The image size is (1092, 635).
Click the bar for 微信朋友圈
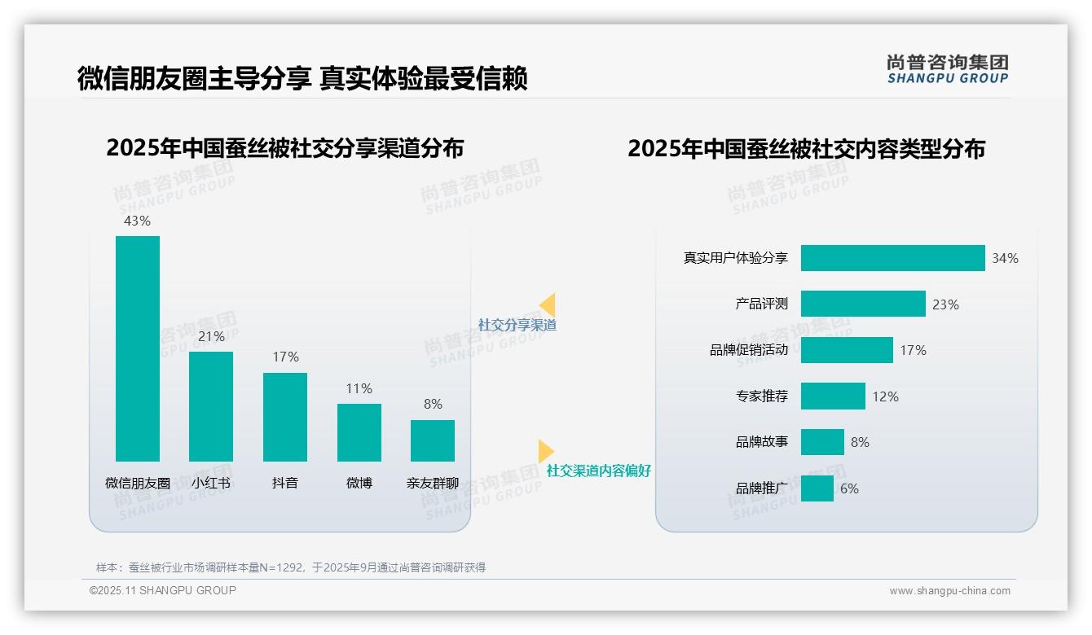[138, 348]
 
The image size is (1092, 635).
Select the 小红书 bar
[211, 406]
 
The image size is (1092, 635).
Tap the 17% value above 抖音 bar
[285, 357]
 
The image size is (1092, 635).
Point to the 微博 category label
[359, 483]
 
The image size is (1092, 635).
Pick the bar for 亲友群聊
[433, 440]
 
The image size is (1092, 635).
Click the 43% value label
[137, 221]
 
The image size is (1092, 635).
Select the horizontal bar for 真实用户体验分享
[892, 258]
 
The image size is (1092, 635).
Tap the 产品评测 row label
[761, 304]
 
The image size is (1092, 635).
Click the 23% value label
[945, 304]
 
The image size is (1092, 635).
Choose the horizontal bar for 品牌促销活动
[847, 350]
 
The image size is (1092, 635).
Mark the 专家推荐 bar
[833, 396]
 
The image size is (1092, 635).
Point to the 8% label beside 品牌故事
[860, 442]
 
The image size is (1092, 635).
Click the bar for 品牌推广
[817, 488]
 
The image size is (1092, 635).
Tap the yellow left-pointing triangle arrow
[548, 305]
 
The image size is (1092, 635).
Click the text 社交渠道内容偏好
[599, 471]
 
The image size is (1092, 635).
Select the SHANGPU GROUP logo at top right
[947, 69]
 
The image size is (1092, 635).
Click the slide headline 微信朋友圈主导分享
[194, 78]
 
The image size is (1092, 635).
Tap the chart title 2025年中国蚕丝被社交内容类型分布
[806, 149]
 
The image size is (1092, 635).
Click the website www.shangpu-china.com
[949, 591]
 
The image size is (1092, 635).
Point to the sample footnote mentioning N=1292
[291, 567]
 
